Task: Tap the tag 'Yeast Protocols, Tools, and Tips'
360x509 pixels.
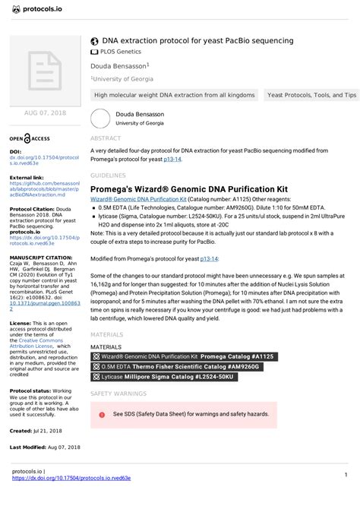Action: pos(311,96)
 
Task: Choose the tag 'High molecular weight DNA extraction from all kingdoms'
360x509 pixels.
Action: pos(173,96)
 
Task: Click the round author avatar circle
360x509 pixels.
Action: pos(100,118)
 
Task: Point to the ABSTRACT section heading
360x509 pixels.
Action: pos(105,139)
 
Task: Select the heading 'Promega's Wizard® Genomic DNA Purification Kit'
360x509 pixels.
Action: pos(188,188)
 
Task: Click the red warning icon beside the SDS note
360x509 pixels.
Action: pos(102,415)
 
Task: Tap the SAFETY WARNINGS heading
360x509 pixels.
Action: pos(118,394)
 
